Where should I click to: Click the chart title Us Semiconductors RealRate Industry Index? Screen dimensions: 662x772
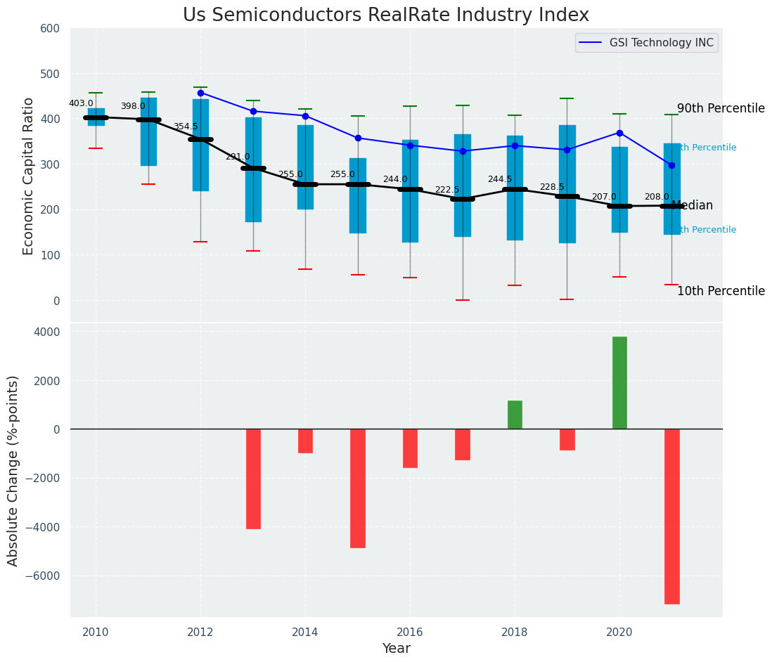[x=385, y=15]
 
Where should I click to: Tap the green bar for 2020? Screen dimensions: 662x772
[x=619, y=382]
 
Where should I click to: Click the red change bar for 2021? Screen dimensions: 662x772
[x=671, y=517]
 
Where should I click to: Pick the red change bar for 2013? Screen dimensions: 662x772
[x=253, y=479]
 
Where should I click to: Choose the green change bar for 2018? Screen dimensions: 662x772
[x=515, y=415]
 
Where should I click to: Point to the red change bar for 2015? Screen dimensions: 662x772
[x=358, y=488]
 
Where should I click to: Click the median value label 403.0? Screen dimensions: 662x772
[x=81, y=103]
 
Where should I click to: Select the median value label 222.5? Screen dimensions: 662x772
[x=447, y=190]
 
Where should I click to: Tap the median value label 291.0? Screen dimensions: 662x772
[x=238, y=157]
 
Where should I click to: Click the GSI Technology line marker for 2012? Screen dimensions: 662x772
[x=200, y=93]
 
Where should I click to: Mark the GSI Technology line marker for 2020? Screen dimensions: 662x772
[x=619, y=133]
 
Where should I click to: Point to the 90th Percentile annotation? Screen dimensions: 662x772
[x=721, y=109]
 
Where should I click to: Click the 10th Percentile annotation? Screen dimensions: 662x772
[x=721, y=291]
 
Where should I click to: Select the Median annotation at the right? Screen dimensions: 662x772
[x=693, y=206]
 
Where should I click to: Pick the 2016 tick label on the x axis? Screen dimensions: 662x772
[x=410, y=632]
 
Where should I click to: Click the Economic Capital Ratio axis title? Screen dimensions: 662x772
[x=28, y=176]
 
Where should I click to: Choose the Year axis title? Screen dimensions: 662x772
[x=396, y=649]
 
